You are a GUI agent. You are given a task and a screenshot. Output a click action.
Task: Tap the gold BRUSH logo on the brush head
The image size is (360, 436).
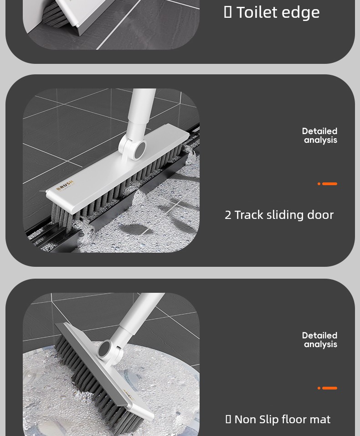point(65,186)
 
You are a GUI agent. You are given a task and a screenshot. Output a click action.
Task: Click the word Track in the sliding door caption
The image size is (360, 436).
point(249,215)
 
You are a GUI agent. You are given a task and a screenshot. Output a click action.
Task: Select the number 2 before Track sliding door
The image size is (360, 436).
point(228,215)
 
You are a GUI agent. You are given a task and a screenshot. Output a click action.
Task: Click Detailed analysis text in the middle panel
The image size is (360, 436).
point(320,136)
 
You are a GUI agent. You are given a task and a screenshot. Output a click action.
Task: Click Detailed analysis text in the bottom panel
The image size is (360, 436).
point(320,340)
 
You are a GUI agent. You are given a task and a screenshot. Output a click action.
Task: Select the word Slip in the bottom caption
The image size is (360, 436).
point(267,420)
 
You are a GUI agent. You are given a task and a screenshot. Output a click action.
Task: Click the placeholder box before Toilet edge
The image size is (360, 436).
point(228,12)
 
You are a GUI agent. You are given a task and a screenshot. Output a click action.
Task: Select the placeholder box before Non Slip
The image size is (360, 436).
point(228,419)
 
